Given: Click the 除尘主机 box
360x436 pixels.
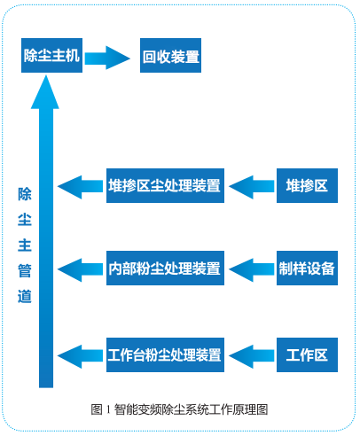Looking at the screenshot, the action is (x=51, y=55).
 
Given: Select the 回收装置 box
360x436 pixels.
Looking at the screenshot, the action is (x=170, y=55).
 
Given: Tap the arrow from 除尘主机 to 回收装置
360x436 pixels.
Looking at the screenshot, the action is (x=107, y=58).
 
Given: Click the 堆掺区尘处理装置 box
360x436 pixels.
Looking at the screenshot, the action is (x=165, y=185).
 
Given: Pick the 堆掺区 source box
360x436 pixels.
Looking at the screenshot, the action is (x=307, y=185).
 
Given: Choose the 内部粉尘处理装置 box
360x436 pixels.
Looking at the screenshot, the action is (x=165, y=268).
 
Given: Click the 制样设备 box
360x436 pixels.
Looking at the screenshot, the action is (x=307, y=268).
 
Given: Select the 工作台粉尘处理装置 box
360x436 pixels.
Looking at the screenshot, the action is (x=165, y=354).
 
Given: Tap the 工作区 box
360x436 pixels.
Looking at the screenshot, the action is (x=307, y=354).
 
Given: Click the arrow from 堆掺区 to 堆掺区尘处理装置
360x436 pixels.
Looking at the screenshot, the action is (x=252, y=187).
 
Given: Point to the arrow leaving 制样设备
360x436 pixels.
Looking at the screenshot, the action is (x=252, y=269).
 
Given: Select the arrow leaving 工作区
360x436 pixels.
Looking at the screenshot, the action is (x=252, y=356).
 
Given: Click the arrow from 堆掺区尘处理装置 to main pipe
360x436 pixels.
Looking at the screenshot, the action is (x=80, y=187).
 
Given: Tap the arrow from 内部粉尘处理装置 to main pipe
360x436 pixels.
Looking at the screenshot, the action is (x=80, y=269).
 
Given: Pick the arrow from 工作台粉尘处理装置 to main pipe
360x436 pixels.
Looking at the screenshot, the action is (x=80, y=356).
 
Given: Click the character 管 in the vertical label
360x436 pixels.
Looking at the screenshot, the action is (x=25, y=270).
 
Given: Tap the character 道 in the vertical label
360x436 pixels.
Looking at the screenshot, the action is (x=25, y=296).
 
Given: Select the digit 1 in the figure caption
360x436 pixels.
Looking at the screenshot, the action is (x=108, y=409).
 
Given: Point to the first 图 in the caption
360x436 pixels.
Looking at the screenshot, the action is (x=97, y=409).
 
